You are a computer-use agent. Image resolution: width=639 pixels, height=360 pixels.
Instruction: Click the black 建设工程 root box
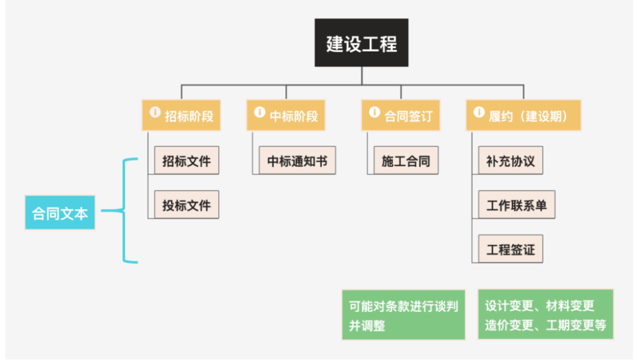point(361,43)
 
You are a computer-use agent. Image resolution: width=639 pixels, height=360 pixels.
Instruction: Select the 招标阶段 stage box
point(182,115)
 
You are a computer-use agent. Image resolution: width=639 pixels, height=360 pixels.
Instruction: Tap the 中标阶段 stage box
point(286,115)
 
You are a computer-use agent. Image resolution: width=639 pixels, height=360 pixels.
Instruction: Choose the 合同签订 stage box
point(401,115)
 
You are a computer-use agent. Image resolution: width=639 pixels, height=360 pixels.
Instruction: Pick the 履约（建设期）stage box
point(523,115)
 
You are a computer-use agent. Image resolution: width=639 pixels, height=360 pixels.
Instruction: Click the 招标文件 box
point(186,160)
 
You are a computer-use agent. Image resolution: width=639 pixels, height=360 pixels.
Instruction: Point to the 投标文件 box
point(186,205)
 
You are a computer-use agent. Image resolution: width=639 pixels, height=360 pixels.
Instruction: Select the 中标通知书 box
point(297,160)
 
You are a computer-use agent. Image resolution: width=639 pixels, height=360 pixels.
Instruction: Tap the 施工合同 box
point(406,160)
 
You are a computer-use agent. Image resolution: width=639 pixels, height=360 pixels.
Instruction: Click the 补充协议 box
point(510,160)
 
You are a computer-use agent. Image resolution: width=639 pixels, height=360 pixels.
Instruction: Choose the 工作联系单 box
point(517,205)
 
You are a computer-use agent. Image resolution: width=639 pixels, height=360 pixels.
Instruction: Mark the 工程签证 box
point(510,249)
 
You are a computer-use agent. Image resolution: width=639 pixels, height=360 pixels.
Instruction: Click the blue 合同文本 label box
point(60,213)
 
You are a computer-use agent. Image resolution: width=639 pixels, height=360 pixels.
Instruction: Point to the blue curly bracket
point(125,210)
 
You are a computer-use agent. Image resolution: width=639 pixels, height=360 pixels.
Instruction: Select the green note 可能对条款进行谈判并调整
point(404,314)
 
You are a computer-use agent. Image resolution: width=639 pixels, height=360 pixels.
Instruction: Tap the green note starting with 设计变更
point(545,314)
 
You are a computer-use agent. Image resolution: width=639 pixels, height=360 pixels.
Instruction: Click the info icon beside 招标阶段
point(155,111)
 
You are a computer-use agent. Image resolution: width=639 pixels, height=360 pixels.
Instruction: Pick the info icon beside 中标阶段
point(259,111)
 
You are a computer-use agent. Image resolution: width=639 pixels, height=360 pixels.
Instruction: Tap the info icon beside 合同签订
point(374,111)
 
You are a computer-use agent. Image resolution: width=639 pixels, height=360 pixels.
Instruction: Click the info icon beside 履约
point(479,111)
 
